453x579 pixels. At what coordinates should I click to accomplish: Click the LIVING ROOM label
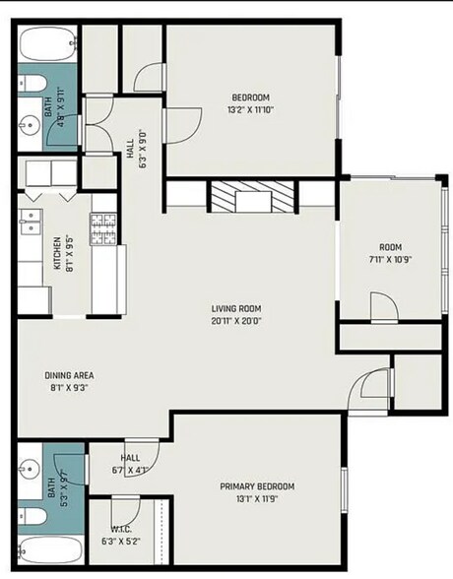(236, 308)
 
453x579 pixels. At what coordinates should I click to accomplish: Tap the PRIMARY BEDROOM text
(257, 486)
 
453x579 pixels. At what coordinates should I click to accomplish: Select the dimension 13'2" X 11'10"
(251, 109)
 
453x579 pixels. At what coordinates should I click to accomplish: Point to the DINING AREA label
(69, 375)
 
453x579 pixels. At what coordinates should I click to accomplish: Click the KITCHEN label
(57, 253)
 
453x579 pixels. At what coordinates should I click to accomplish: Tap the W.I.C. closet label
(121, 529)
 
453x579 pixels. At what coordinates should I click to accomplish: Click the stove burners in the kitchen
(103, 229)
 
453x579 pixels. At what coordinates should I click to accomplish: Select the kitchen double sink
(31, 222)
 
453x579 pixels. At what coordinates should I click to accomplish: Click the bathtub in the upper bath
(48, 44)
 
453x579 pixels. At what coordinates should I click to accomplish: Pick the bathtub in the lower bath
(50, 549)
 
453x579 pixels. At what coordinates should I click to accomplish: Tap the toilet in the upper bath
(32, 84)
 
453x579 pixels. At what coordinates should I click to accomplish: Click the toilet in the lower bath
(32, 516)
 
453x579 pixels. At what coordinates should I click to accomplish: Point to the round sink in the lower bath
(30, 470)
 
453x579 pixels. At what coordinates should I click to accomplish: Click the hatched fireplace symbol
(253, 197)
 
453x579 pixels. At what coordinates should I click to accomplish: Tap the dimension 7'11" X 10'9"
(390, 259)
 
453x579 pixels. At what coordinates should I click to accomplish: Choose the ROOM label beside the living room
(391, 247)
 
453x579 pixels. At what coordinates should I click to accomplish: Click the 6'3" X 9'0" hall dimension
(143, 148)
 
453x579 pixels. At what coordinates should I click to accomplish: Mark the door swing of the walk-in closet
(126, 512)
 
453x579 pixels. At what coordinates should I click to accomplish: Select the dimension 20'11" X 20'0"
(236, 321)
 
